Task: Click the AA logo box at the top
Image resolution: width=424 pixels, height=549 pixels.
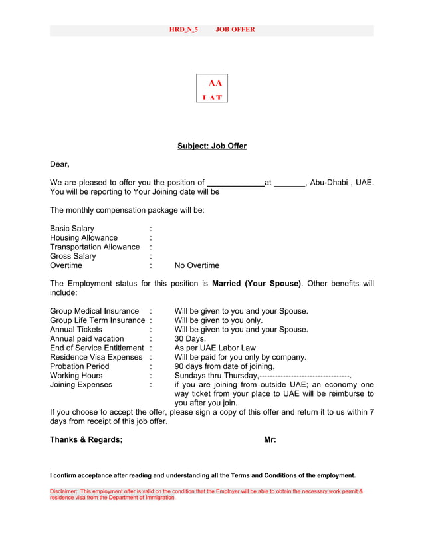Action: (x=211, y=88)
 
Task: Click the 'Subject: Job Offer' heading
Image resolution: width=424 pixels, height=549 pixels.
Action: (x=211, y=146)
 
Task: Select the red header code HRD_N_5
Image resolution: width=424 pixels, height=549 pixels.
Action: (x=183, y=30)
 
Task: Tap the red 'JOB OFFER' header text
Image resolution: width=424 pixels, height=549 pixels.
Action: (x=235, y=30)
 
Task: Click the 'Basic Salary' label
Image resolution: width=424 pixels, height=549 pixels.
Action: (x=72, y=229)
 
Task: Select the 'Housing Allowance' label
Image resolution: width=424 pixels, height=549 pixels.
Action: (x=84, y=238)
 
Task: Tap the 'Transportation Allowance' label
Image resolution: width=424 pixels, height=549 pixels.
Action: (x=94, y=247)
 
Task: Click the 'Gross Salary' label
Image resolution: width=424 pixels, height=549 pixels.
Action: (x=72, y=257)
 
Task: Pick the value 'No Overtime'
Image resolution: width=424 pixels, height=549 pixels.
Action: (x=197, y=266)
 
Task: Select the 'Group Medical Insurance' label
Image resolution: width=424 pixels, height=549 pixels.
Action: (x=94, y=311)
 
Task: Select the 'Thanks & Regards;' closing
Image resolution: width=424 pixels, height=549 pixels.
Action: (x=86, y=440)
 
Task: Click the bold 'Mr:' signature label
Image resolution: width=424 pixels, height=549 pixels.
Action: (x=270, y=440)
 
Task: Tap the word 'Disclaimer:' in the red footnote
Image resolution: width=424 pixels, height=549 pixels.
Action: (x=64, y=491)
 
